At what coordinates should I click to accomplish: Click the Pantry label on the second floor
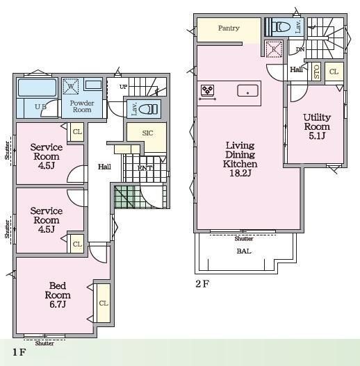(x=229, y=28)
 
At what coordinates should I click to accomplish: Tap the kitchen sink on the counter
(x=247, y=90)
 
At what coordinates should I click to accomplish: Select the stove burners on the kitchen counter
(x=207, y=90)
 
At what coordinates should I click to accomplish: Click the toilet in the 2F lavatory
(x=281, y=27)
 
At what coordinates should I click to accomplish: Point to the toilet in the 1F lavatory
(x=148, y=109)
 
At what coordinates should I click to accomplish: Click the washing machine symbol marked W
(x=71, y=87)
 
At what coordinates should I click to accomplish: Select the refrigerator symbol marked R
(x=274, y=49)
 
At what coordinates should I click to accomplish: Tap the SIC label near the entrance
(x=147, y=133)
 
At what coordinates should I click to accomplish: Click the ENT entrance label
(x=145, y=168)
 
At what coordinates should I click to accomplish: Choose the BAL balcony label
(x=244, y=251)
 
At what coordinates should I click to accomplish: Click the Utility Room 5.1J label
(x=317, y=126)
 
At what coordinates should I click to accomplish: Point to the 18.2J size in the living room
(x=240, y=173)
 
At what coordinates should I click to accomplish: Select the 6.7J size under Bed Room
(x=58, y=304)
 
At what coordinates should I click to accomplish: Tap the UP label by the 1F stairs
(x=123, y=87)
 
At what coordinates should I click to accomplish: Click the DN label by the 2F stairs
(x=300, y=49)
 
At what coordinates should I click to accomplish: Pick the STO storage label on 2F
(x=316, y=72)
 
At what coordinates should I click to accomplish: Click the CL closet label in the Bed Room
(x=104, y=303)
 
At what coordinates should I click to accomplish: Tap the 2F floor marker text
(x=202, y=283)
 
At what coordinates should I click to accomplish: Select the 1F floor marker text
(x=19, y=352)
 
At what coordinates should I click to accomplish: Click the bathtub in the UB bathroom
(x=37, y=88)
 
